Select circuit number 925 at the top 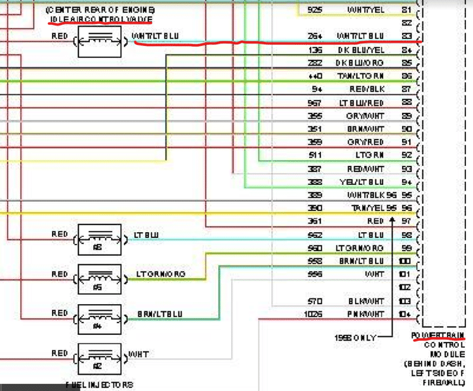coord(314,10)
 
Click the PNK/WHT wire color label coord(365,314)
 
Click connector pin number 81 coord(406,10)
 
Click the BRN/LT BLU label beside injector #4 coord(159,312)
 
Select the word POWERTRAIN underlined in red coord(437,335)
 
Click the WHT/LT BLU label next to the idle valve coord(156,37)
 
